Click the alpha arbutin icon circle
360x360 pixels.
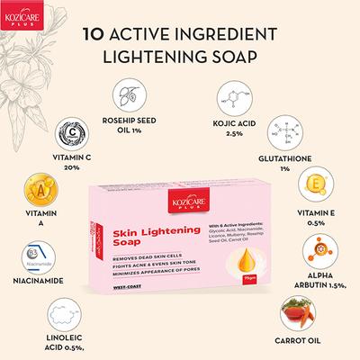coord(320,251)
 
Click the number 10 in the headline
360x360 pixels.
coord(93,38)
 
